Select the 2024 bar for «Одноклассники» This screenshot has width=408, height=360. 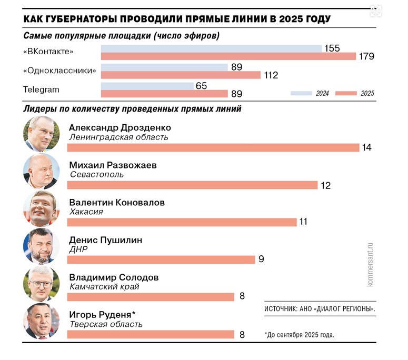[x=164, y=67]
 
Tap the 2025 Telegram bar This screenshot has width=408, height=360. [x=164, y=94]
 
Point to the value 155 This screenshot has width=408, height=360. [x=332, y=48]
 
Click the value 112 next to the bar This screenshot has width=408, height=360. [x=271, y=75]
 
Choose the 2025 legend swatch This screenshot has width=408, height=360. [x=346, y=93]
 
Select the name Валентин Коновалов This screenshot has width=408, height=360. [x=117, y=203]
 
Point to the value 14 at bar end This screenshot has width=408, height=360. [x=366, y=147]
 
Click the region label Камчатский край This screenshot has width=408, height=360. [x=104, y=287]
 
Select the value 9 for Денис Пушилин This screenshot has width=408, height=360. [x=261, y=259]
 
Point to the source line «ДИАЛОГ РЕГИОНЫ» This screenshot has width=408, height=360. [x=320, y=309]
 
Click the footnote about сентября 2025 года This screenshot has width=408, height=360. [x=300, y=334]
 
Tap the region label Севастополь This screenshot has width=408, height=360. [x=96, y=174]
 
